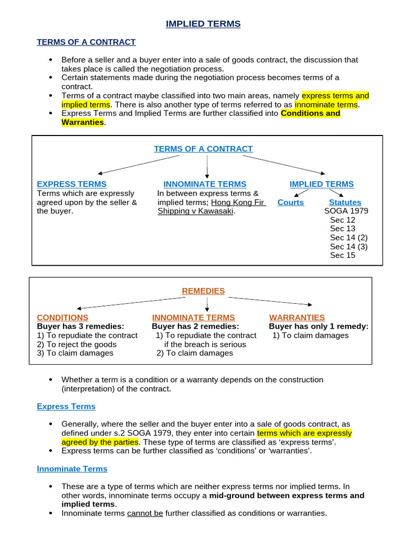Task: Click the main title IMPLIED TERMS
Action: point(203,24)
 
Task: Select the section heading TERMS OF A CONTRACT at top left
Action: point(86,42)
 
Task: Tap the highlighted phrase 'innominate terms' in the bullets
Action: point(326,105)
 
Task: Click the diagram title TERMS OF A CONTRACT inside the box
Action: point(203,149)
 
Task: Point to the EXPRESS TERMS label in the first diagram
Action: point(72,184)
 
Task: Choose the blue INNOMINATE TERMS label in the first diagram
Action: point(205,184)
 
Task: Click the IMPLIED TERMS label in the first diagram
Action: point(321,184)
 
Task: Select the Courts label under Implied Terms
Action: point(290,202)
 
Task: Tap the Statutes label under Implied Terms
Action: point(344,202)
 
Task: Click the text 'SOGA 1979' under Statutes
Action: point(346,211)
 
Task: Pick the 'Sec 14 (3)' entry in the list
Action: point(348,246)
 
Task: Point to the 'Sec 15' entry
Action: point(342,255)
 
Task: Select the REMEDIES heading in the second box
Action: point(203,291)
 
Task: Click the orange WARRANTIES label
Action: point(297,318)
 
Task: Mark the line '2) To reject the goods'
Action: point(76,344)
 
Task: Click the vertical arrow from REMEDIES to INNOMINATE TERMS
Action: point(207,304)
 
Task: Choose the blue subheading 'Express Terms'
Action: point(66,406)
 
